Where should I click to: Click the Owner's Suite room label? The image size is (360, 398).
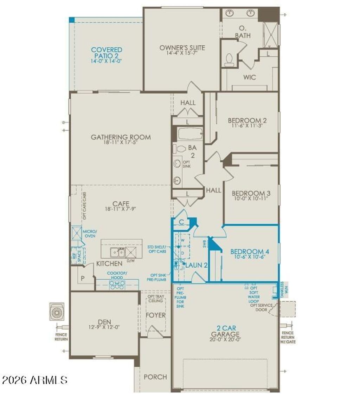(182, 47)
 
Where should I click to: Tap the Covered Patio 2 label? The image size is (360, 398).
(107, 53)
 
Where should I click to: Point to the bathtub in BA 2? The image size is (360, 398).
(190, 134)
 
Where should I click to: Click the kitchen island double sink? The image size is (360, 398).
(116, 252)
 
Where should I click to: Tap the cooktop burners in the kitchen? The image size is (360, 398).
(117, 285)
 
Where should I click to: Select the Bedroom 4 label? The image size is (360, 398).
(250, 252)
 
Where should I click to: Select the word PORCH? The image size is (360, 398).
(155, 377)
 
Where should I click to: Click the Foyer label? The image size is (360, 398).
(155, 315)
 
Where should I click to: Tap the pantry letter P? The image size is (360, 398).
(83, 278)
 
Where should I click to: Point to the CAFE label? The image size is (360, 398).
(121, 204)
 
